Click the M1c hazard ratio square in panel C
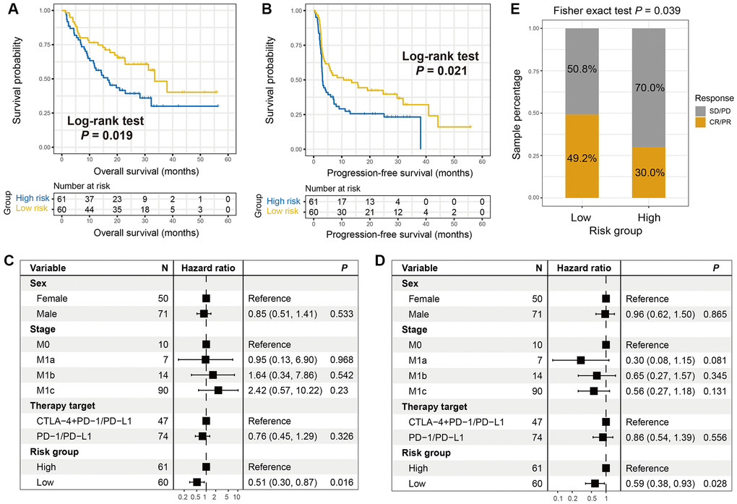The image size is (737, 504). (x=218, y=390)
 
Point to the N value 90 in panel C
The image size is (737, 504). (x=162, y=390)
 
